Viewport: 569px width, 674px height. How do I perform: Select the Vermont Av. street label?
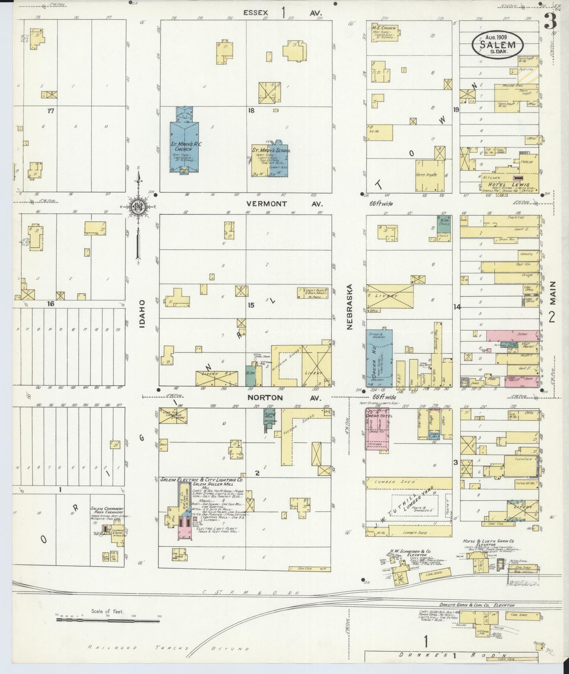tap(284, 204)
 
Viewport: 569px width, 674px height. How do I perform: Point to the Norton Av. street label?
tap(284, 398)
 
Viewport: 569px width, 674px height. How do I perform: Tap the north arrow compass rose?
tap(138, 206)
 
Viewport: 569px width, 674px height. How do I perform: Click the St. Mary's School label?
tap(271, 151)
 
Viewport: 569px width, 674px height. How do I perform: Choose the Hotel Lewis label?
tap(509, 184)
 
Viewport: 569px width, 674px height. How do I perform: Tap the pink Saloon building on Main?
tap(513, 335)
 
